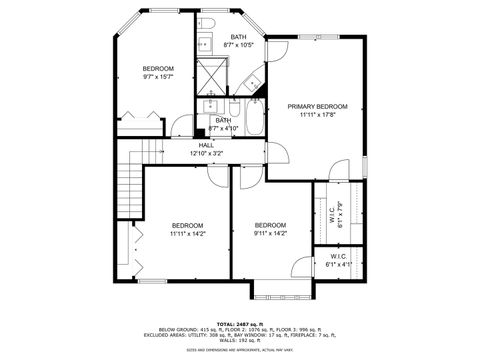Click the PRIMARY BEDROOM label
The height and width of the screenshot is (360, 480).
[317, 106]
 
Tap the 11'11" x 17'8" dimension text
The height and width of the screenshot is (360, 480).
[317, 115]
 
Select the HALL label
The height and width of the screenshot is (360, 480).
[206, 145]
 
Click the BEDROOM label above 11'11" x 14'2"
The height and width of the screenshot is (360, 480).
[187, 225]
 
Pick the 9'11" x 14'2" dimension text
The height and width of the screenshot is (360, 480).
[270, 234]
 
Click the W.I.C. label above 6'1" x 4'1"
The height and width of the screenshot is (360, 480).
[338, 256]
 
